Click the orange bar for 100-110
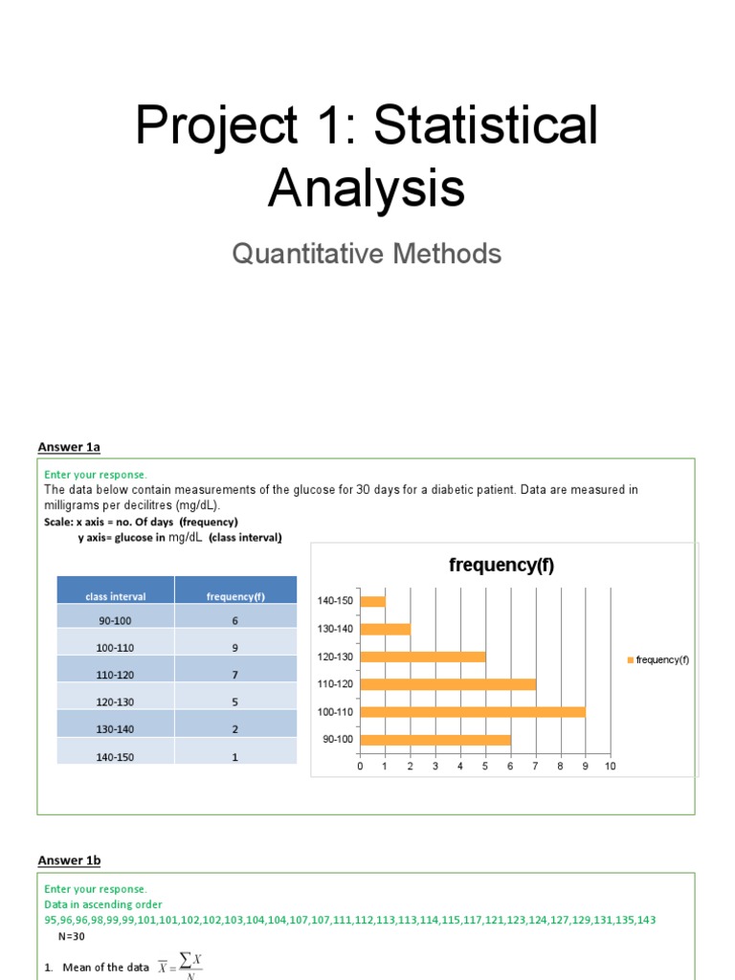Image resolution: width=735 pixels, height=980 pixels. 473,712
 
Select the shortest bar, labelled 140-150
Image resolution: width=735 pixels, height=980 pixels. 373,602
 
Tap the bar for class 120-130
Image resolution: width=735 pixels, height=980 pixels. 423,657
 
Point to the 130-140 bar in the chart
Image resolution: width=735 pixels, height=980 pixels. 386,629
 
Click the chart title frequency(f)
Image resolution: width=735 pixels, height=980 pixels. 501,566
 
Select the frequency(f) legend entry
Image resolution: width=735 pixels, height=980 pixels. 658,659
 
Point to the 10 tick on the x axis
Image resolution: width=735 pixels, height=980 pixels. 610,766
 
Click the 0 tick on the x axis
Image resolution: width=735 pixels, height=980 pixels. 361,766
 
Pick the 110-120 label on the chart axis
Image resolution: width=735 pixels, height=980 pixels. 335,684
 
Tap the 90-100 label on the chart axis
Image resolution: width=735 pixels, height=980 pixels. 338,739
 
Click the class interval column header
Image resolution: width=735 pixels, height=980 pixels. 116,596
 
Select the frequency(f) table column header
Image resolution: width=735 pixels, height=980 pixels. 235,596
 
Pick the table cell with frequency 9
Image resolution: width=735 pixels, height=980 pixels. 235,648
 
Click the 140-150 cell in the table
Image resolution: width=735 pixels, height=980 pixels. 116,756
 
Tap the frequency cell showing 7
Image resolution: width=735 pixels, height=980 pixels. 235,675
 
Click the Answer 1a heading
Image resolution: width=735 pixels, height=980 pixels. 69,446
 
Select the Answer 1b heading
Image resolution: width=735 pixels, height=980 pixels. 69,860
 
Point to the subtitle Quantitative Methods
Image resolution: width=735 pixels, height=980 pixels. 367,254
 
